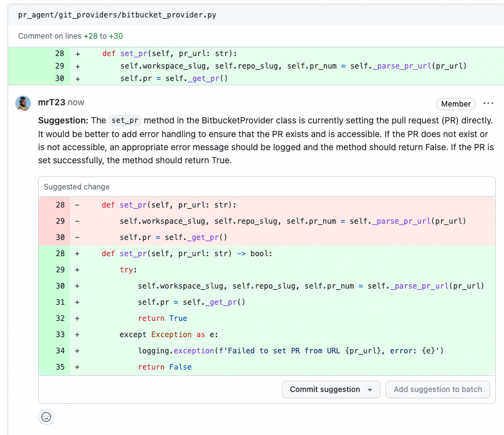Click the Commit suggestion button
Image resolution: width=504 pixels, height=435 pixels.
tap(331, 390)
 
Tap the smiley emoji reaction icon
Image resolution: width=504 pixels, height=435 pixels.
tap(46, 417)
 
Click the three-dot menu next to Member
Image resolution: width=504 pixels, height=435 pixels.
tap(488, 103)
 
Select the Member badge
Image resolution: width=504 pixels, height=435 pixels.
tap(456, 104)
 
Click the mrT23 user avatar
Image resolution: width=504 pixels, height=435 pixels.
tap(23, 103)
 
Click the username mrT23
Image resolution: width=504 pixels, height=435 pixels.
tap(51, 102)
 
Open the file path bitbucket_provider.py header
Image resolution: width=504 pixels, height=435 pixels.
tap(117, 15)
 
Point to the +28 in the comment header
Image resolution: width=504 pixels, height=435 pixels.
tap(90, 36)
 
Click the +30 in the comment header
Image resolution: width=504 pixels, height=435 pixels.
tap(116, 36)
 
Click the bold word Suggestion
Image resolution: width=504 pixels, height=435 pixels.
tap(63, 121)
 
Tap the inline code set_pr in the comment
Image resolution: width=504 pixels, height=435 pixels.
tap(125, 120)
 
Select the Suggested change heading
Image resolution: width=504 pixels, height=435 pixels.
tap(77, 187)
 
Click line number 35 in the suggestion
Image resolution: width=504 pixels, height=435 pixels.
tap(60, 367)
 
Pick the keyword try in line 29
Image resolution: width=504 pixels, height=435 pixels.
tap(127, 270)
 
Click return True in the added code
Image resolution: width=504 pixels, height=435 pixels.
tap(162, 318)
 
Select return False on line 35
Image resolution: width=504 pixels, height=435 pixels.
tap(165, 367)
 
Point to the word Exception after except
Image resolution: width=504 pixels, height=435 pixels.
tap(172, 335)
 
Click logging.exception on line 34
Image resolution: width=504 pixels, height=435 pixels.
tap(176, 351)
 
